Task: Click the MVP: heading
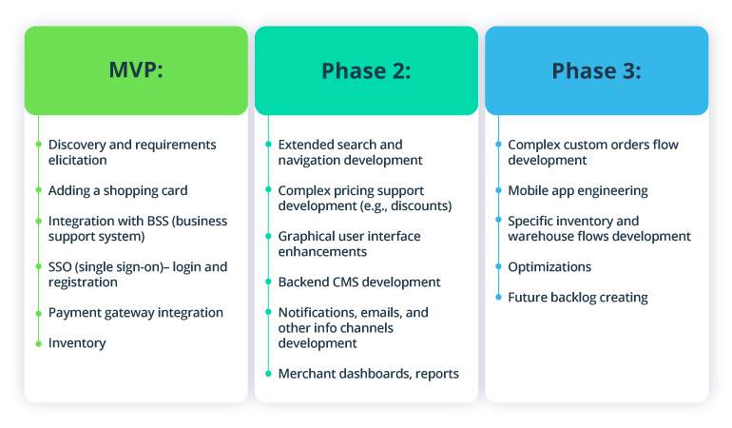pos(136,70)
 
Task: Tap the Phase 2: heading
pos(366,70)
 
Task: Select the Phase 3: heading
pos(596,70)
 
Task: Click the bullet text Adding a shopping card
pos(118,190)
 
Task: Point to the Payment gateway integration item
pos(136,312)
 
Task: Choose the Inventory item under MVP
pos(77,342)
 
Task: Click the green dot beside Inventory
pos(38,342)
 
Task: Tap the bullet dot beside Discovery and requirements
pos(38,145)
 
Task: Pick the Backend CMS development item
pos(359,282)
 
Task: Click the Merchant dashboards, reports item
pos(369,373)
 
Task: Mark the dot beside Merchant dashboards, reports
pos(268,373)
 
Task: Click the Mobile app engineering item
pos(578,190)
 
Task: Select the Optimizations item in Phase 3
pos(549,266)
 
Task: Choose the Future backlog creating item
pos(578,297)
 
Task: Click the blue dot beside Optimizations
pos(498,266)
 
